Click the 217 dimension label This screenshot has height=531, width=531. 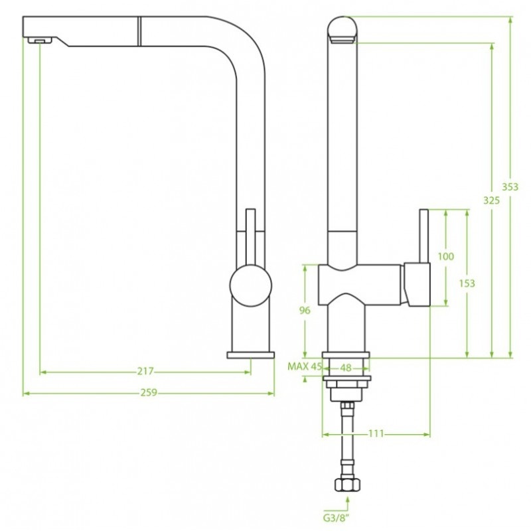click(145, 372)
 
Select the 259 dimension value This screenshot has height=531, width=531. click(149, 393)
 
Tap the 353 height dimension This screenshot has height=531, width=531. click(510, 187)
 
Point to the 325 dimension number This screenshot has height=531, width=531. click(491, 200)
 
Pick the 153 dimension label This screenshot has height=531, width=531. click(467, 283)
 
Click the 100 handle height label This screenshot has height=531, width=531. click(445, 256)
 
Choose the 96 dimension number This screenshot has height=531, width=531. click(305, 310)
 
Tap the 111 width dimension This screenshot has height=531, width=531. click(376, 433)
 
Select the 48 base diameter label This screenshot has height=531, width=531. click(345, 368)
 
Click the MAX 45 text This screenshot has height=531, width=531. click(305, 366)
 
